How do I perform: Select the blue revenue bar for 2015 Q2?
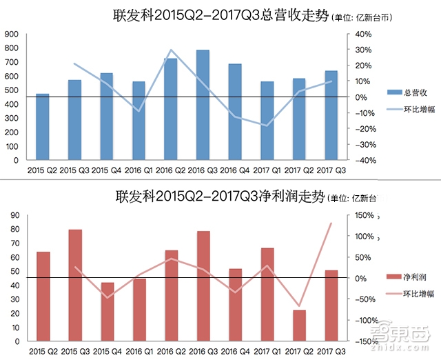(43, 127)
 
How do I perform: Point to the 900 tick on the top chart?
(13, 34)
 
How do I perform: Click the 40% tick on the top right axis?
(363, 34)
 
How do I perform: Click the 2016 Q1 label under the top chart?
(139, 168)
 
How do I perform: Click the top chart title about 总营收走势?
(220, 14)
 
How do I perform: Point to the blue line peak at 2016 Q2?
(171, 50)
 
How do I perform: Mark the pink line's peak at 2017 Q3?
(331, 223)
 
